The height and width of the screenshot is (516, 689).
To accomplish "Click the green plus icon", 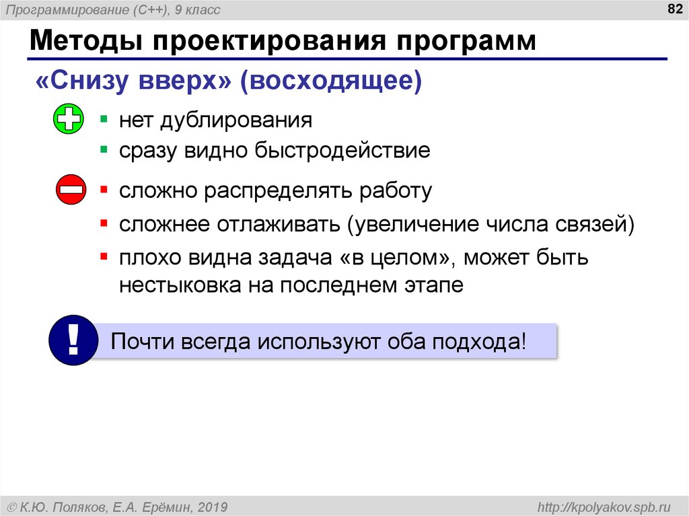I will [68, 119].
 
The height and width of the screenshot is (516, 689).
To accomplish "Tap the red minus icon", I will [71, 190].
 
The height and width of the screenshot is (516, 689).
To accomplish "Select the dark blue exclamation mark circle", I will [74, 340].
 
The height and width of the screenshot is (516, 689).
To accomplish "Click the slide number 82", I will [668, 9].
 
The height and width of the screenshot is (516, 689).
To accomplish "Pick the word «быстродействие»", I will [341, 150].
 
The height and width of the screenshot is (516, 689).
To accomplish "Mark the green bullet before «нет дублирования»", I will [103, 119].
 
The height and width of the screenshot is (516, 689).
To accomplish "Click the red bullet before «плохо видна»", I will [103, 256].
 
